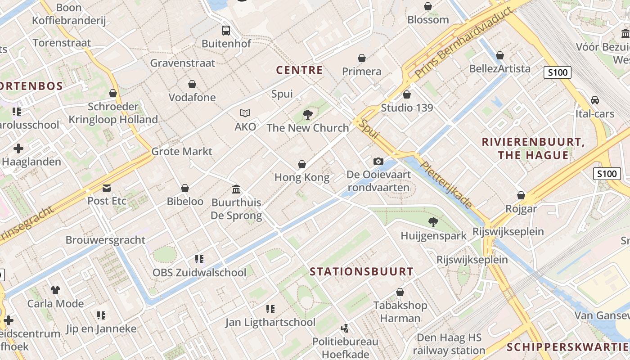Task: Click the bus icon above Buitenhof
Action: (226, 31)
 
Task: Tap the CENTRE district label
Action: (299, 70)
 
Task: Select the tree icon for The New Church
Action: (308, 115)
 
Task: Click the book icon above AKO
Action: (245, 113)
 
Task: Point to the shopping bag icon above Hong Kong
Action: (302, 165)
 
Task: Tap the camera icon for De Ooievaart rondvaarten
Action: (378, 161)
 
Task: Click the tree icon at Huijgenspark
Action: (433, 222)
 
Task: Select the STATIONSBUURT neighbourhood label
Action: (362, 272)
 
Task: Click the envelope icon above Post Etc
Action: (107, 188)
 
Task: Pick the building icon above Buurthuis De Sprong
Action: (236, 189)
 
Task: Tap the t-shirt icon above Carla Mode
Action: (55, 290)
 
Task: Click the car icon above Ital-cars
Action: (595, 100)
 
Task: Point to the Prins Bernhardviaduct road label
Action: (464, 44)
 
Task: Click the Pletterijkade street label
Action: (446, 184)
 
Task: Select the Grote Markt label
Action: (182, 151)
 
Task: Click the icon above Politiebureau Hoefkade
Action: (345, 328)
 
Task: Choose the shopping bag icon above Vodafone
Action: (192, 84)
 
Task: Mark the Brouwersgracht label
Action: (105, 240)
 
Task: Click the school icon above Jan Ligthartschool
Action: (270, 309)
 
